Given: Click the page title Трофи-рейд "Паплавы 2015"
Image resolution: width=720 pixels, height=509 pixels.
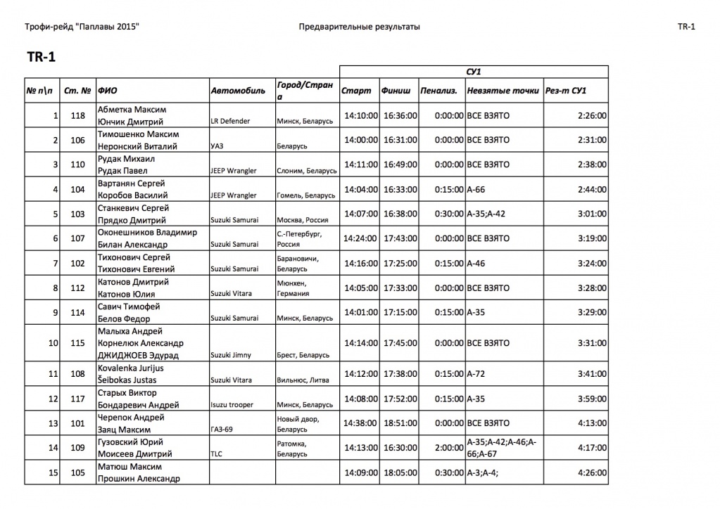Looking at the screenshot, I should [82, 27].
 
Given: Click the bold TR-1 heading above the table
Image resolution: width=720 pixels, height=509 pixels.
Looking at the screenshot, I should [41, 58].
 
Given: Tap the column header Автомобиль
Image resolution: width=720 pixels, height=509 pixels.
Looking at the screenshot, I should [238, 91].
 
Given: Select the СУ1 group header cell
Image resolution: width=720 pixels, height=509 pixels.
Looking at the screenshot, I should [474, 72].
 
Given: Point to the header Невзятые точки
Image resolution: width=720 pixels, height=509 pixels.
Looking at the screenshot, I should [503, 91].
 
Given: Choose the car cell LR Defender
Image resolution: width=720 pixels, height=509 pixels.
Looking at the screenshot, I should [230, 121].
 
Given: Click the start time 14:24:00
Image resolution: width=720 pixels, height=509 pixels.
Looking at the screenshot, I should [361, 238].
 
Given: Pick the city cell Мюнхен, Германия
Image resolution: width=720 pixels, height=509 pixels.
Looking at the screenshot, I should [296, 288].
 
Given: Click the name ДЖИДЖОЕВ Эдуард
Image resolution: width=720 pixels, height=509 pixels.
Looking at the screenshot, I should [139, 355].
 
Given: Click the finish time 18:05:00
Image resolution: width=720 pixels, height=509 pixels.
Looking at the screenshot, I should [400, 472].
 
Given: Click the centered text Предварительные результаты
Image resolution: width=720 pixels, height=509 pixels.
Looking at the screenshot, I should [360, 27].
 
